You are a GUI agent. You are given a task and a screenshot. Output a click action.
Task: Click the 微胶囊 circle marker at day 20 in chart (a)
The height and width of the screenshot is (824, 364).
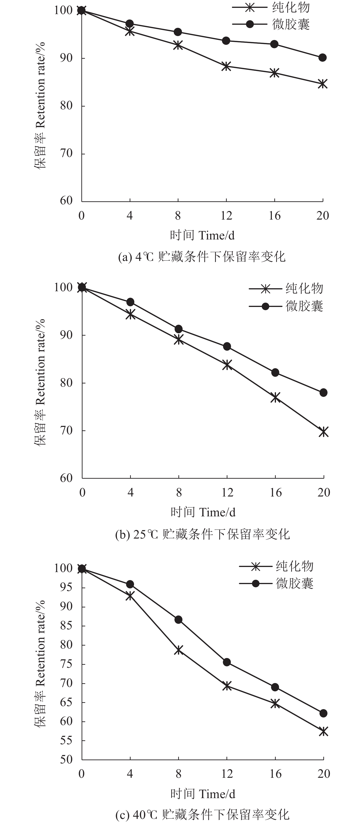pos(322,58)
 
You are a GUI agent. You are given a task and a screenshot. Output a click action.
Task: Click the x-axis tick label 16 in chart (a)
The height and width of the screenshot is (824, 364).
pos(274,216)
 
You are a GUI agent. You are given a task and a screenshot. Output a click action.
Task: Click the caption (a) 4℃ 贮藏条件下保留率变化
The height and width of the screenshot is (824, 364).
pos(202,257)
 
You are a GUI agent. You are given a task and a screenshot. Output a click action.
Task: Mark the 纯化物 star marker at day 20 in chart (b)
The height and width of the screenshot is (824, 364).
pos(323,432)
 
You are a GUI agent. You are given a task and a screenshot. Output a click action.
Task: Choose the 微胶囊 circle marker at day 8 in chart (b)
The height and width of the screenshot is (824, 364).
pos(178,329)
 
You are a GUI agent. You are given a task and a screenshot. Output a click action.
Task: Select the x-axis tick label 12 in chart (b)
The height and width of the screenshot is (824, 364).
pos(227,493)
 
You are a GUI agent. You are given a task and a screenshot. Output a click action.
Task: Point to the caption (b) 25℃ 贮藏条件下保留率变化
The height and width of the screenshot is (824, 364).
pos(202,534)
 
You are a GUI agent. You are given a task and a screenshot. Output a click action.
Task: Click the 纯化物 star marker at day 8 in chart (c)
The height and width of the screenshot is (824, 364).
pos(178,650)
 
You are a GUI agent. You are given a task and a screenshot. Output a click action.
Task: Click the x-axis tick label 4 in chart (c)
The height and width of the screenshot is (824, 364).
pos(130,774)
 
